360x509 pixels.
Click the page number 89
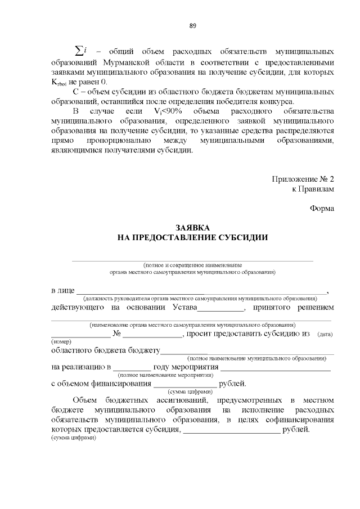(x=192, y=26)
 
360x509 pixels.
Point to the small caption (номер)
(x=60, y=342)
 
